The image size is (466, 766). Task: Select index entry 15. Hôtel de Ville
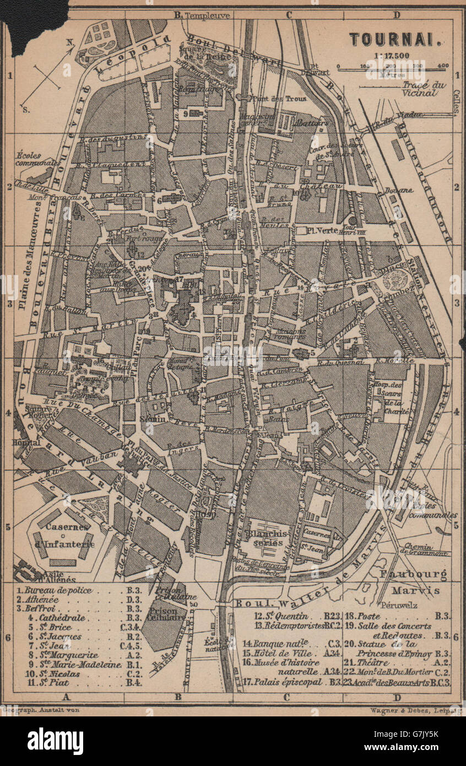point(280,652)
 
